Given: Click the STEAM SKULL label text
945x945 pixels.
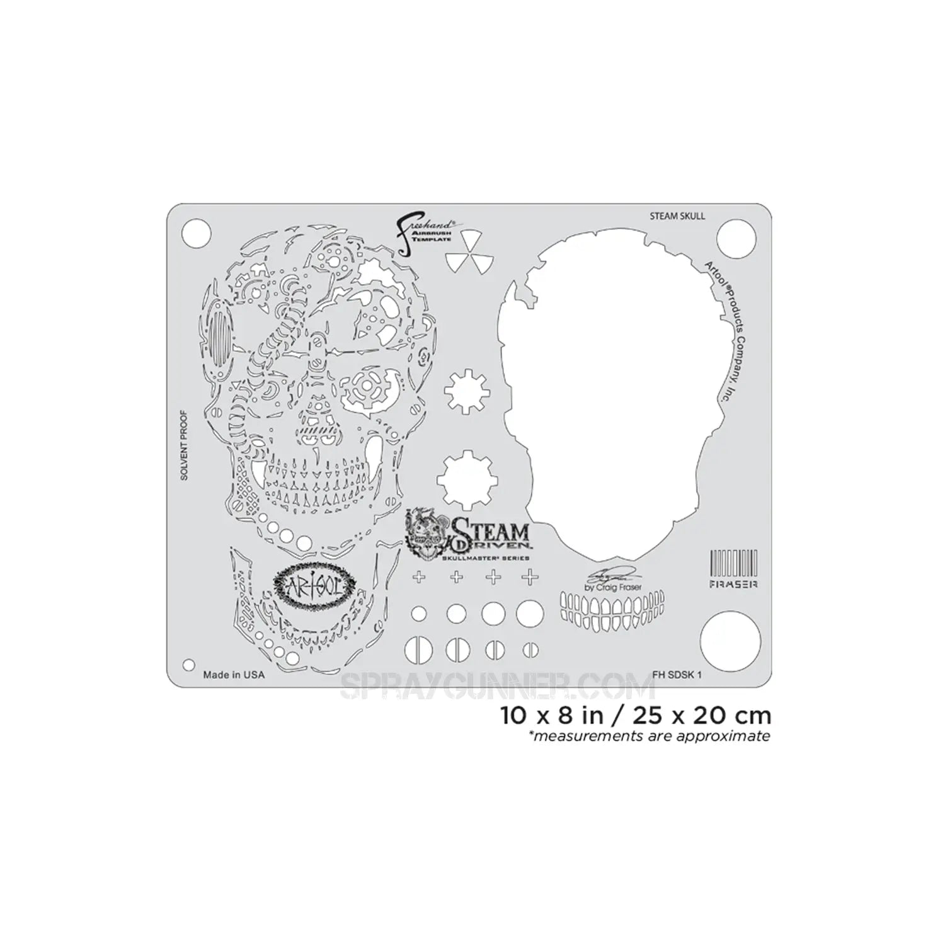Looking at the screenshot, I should coord(677,216).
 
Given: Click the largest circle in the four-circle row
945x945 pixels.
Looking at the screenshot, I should coord(530,613).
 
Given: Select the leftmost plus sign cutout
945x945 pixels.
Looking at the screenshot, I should coord(419,577).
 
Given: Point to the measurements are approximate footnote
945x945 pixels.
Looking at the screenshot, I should coord(651,736).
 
